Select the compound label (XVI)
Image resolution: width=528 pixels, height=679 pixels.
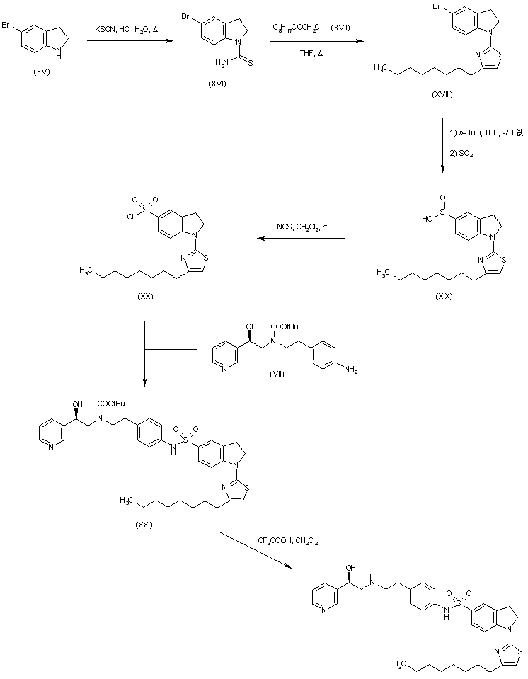tap(217, 84)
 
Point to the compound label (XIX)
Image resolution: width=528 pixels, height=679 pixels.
tap(445, 297)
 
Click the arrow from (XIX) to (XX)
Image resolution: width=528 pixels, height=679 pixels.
tap(301, 239)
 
